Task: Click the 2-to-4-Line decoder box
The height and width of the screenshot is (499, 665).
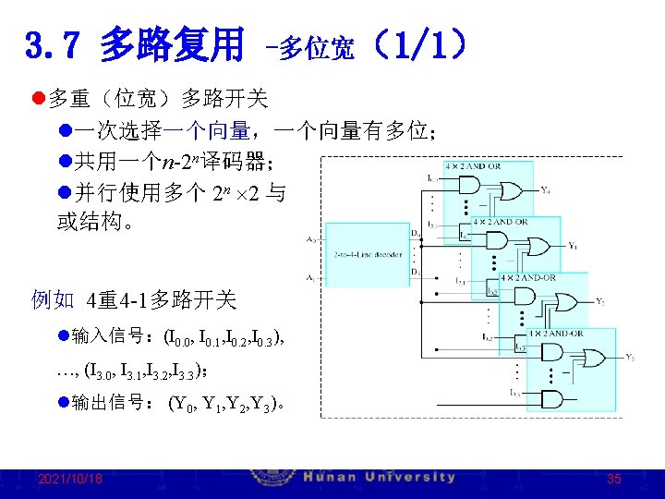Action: tap(369, 253)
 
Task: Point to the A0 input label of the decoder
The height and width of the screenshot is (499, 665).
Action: tap(310, 238)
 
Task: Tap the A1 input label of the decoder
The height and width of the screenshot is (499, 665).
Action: tap(310, 277)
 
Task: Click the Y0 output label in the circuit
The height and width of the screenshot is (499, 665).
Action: tap(546, 191)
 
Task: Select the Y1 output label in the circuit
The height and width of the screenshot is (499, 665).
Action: tap(574, 247)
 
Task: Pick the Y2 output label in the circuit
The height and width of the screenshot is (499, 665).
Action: tap(601, 302)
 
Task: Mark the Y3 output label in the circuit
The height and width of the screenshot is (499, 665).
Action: tap(629, 357)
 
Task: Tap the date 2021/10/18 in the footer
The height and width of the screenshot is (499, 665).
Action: tap(70, 479)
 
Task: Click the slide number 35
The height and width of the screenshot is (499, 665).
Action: tap(614, 479)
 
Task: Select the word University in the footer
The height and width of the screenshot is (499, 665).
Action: tap(411, 478)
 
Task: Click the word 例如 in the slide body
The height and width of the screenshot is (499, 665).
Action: tap(53, 299)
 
